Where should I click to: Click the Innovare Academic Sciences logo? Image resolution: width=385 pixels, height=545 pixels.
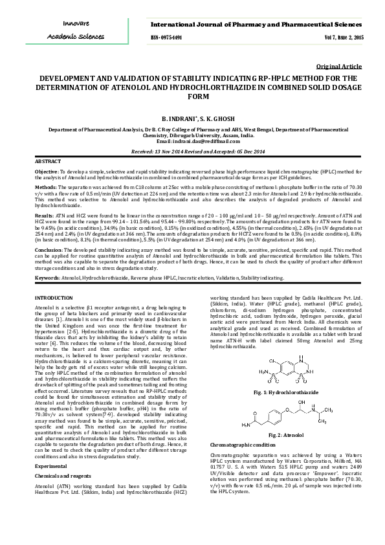tap(71, 30)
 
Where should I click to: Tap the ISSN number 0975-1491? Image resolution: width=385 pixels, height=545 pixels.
tap(166, 38)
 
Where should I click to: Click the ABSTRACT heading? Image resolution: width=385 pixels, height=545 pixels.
tap(48, 161)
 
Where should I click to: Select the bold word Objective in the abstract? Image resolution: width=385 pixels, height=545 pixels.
tap(47, 172)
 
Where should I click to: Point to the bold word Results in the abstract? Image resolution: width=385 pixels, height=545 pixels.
tap(45, 212)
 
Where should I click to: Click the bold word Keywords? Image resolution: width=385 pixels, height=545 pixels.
tap(48, 277)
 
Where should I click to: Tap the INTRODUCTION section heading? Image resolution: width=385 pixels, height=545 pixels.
tap(54, 297)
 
